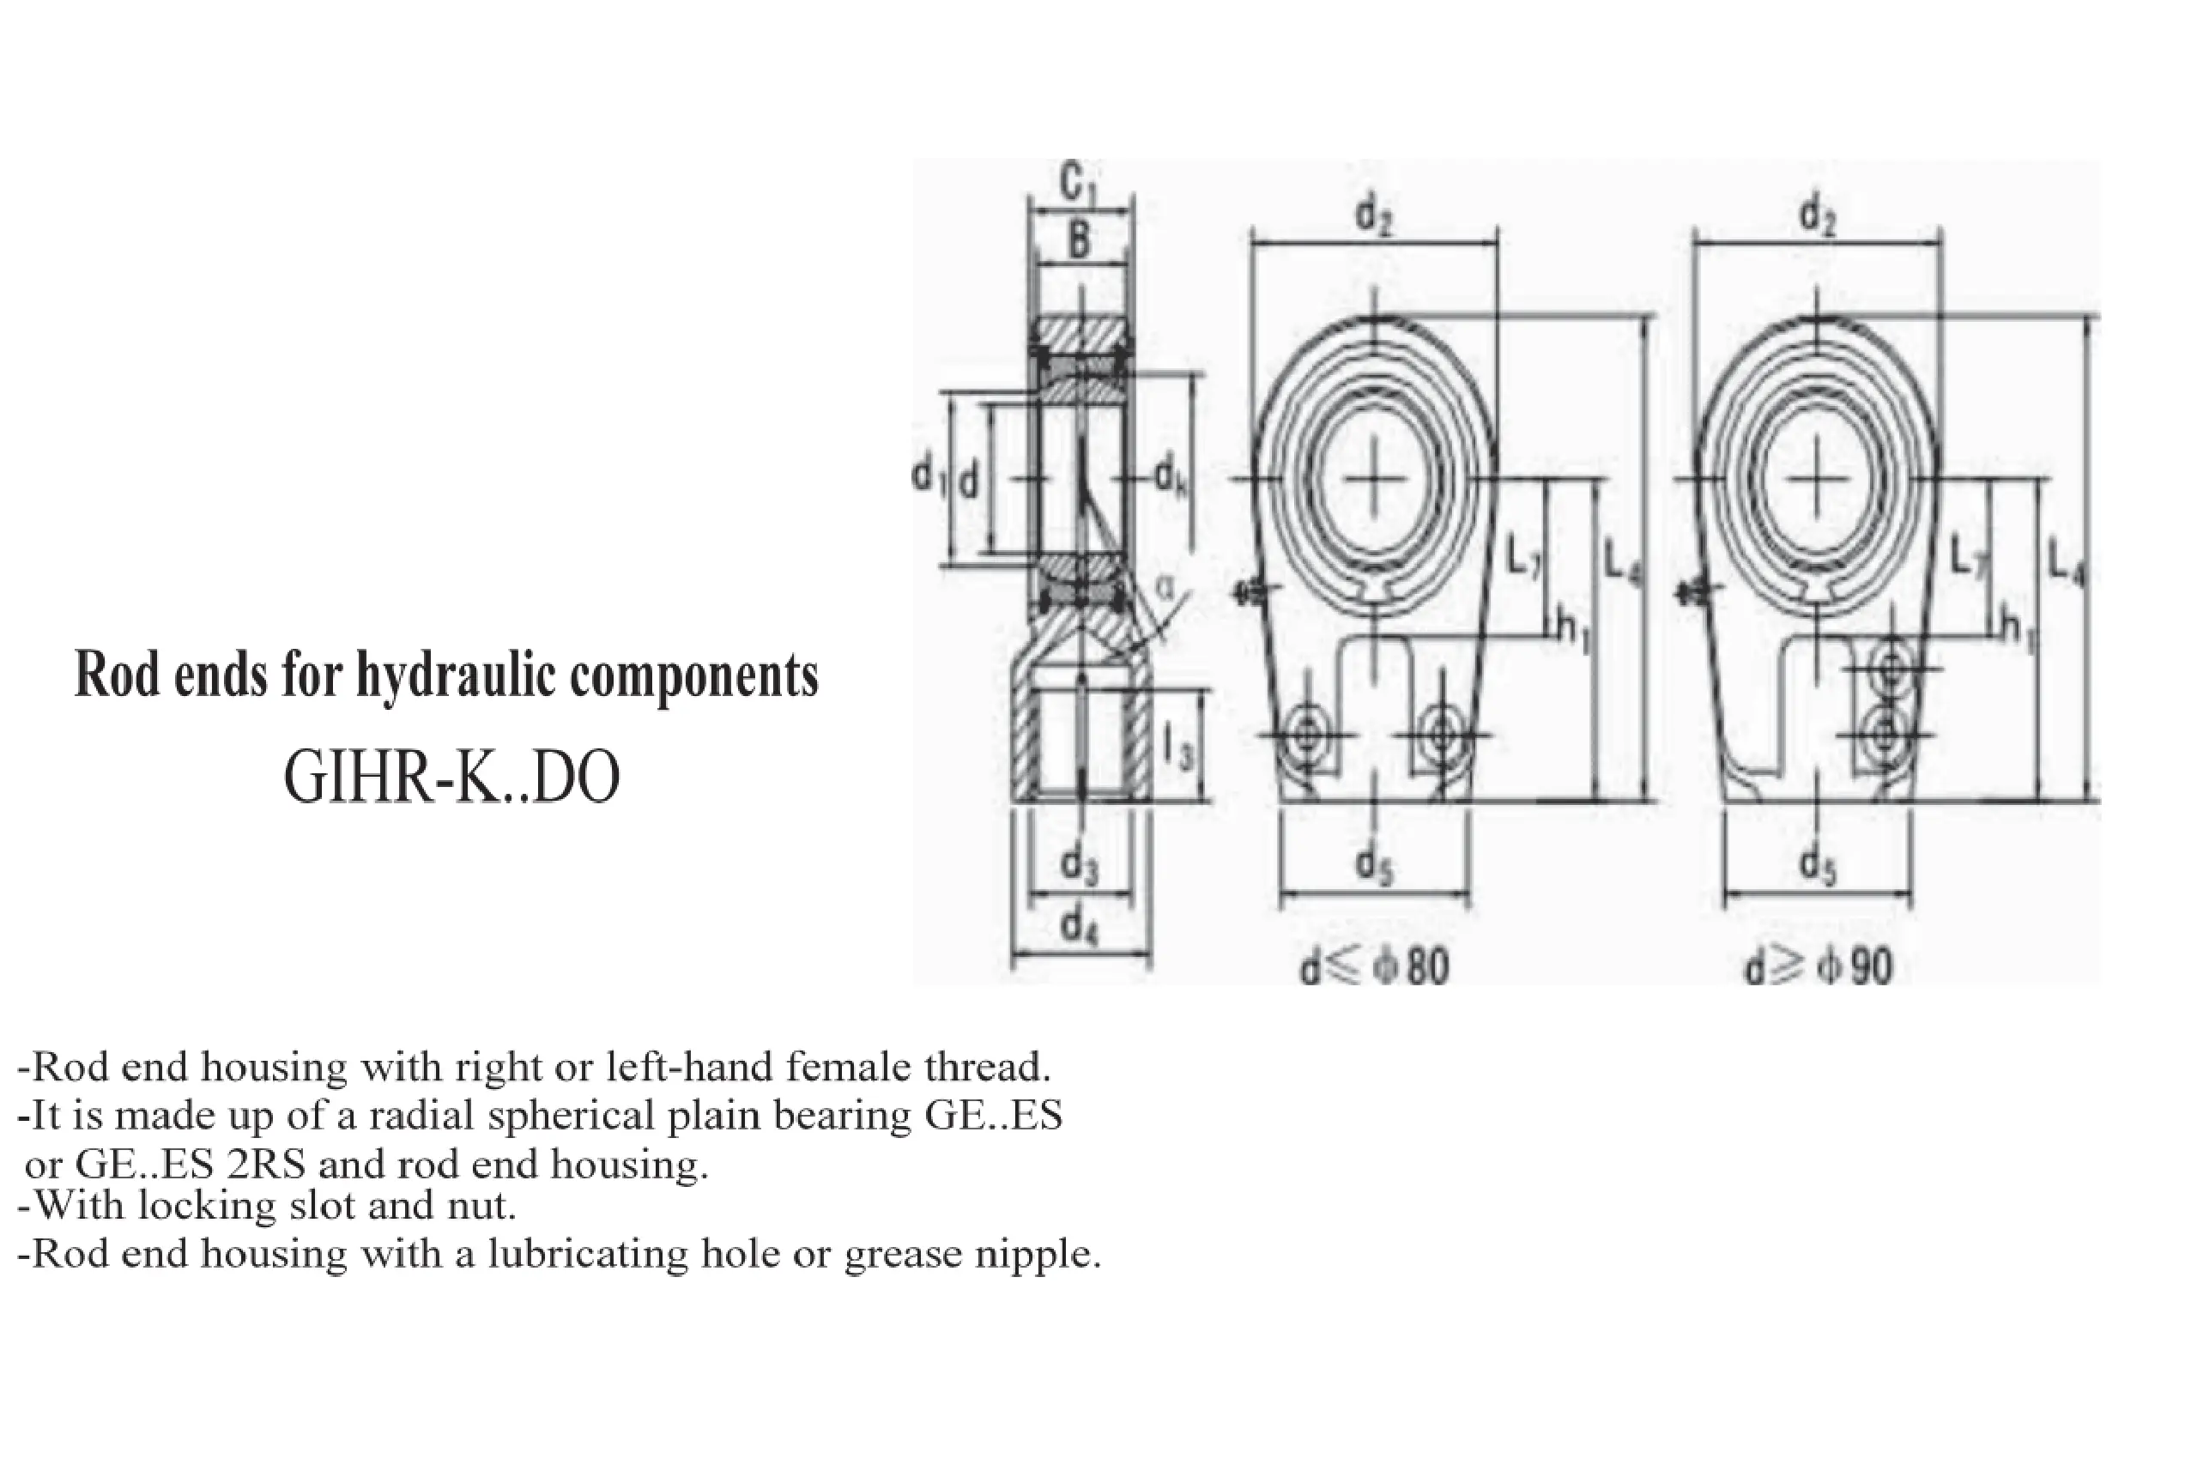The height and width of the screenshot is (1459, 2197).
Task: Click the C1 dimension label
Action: (1080, 184)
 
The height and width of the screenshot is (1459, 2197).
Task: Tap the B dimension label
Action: (1079, 240)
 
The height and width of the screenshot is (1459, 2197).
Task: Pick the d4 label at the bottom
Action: (1080, 926)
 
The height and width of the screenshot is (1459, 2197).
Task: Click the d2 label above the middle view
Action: (1374, 216)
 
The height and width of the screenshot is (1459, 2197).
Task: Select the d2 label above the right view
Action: (1818, 216)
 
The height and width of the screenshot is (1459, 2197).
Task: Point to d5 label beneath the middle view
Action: (1374, 864)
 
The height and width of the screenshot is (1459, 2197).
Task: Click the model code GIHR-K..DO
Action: (451, 778)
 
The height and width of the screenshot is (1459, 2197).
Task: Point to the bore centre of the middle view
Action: (1374, 477)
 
